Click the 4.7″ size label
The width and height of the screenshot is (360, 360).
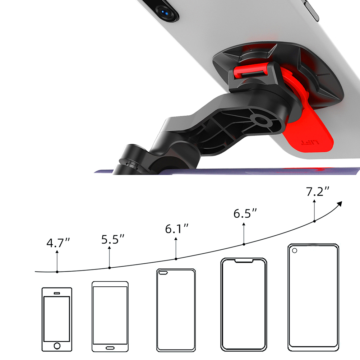58,243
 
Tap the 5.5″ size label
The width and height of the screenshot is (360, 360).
113,239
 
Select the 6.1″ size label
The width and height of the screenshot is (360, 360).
176,229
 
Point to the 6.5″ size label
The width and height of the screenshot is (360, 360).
245,213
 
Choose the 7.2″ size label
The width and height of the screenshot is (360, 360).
318,191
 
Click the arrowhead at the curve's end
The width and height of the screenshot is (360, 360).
340,204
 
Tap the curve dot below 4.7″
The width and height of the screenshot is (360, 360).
57,272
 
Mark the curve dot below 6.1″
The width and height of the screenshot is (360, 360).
176,259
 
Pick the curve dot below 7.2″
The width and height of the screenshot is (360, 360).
314,221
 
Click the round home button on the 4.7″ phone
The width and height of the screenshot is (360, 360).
57,346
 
